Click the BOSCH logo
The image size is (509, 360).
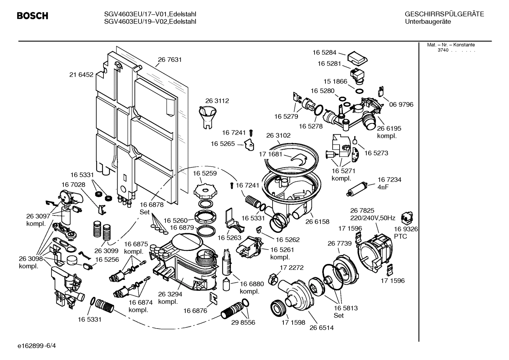click(32, 16)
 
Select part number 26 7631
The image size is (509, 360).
click(170, 60)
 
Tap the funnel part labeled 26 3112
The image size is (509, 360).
click(208, 117)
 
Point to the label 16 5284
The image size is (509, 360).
click(324, 52)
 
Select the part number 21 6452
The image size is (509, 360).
click(81, 75)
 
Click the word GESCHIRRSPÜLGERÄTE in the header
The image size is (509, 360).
click(444, 14)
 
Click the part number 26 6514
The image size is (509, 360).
click(322, 327)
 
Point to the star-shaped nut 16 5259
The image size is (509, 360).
click(204, 191)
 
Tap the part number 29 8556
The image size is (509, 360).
click(243, 322)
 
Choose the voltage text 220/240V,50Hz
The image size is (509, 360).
click(372, 218)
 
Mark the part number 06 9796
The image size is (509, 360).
click(401, 104)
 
